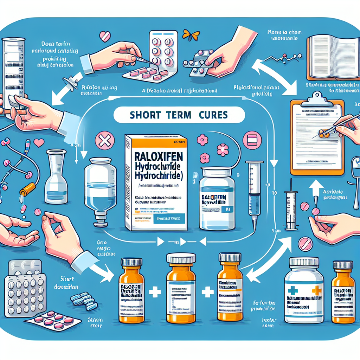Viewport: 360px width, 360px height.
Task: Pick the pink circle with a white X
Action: click(x=104, y=142)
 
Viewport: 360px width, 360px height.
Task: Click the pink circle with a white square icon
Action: click(x=252, y=140)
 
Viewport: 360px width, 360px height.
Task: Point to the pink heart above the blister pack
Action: click(x=104, y=36)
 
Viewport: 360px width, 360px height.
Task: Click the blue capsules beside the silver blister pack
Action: click(x=84, y=301)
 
